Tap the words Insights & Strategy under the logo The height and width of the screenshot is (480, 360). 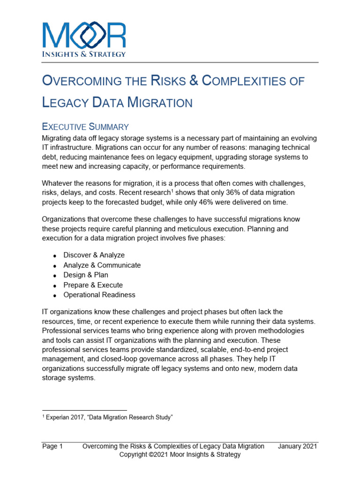pos(84,54)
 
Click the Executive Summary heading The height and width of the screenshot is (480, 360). pos(85,127)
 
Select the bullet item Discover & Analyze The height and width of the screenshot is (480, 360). pos(94,255)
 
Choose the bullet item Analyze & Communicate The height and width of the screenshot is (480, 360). pos(102,265)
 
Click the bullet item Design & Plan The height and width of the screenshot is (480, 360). pos(86,275)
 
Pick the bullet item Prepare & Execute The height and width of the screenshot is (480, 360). pos(93,285)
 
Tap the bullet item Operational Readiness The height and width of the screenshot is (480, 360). pos(99,295)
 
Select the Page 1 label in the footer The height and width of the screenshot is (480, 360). pos(52,446)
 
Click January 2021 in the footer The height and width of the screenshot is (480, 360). pos(297,446)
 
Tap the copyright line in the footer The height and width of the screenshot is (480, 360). pos(180,455)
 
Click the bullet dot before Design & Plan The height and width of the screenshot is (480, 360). pos(55,276)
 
